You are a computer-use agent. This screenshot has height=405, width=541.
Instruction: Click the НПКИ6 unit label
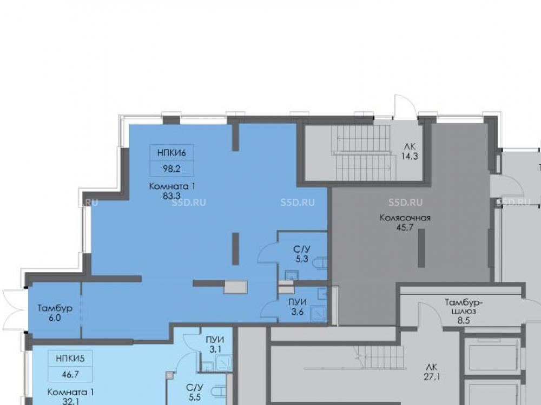click(x=171, y=153)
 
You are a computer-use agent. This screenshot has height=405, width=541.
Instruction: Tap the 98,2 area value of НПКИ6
click(x=171, y=168)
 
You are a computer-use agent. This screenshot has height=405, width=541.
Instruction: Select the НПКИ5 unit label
click(x=70, y=359)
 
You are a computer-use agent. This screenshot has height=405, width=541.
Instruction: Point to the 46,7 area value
click(x=70, y=374)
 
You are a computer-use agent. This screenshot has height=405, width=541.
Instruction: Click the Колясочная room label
click(x=405, y=218)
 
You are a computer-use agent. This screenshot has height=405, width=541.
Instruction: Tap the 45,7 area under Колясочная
click(x=405, y=227)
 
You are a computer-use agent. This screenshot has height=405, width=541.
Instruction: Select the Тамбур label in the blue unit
click(x=55, y=308)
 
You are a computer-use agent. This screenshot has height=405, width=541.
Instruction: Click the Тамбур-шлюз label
click(x=464, y=307)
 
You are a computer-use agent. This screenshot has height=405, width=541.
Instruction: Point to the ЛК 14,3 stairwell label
click(x=410, y=152)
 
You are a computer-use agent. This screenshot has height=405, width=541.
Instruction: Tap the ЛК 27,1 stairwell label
click(x=432, y=372)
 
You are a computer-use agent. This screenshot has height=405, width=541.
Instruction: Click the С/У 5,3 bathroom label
click(x=302, y=254)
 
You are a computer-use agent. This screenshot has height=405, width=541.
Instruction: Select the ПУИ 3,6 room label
click(x=298, y=307)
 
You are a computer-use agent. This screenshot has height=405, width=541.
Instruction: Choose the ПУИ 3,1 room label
click(x=215, y=345)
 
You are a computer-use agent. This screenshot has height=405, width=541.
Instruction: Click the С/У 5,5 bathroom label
click(x=195, y=392)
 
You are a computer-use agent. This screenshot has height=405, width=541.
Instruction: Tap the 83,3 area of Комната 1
click(x=172, y=196)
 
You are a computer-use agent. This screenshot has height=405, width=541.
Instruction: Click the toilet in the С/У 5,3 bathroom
click(x=320, y=263)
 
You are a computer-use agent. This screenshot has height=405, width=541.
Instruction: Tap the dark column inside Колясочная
click(x=421, y=248)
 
